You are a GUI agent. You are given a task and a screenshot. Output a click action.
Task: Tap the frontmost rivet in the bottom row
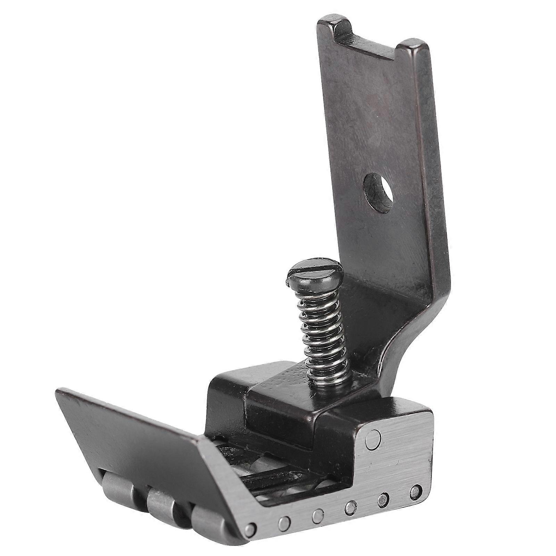tap(250, 519)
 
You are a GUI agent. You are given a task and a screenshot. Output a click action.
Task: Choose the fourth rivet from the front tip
tap(350, 500)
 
